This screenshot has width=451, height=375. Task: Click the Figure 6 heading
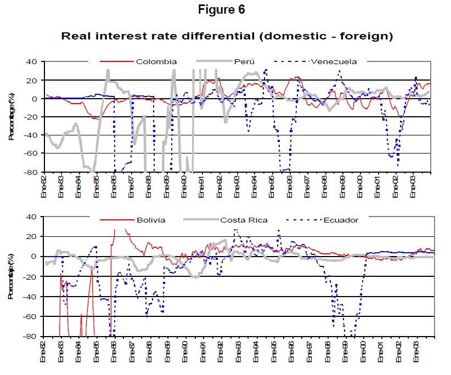(226, 10)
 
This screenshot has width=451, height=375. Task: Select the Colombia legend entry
(156, 61)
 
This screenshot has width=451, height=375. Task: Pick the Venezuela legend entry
(334, 61)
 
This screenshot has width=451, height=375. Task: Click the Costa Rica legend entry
(244, 220)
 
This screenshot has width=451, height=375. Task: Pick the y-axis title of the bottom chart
(11, 277)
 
